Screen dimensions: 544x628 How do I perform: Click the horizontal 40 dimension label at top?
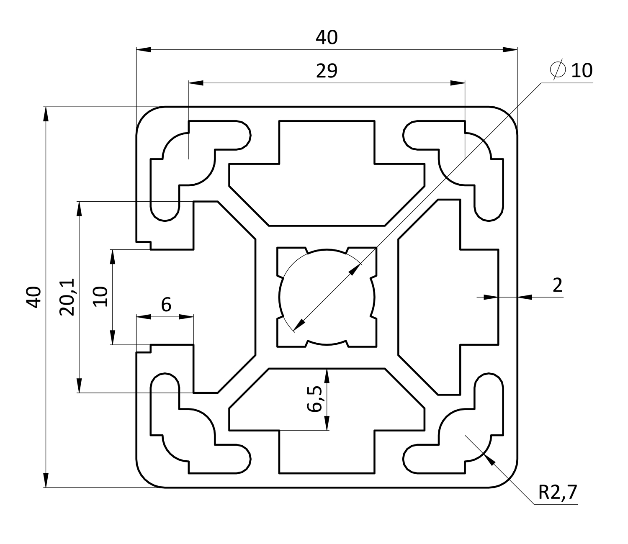click(x=326, y=38)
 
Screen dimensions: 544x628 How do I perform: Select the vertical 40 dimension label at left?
click(x=34, y=297)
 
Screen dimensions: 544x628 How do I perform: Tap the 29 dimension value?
click(x=326, y=71)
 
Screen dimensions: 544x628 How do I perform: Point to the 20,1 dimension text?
click(x=67, y=297)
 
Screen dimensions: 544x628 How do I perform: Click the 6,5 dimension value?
click(x=315, y=399)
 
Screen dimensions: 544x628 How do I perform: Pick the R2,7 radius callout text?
click(x=557, y=493)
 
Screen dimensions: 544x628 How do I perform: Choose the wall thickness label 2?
click(x=557, y=285)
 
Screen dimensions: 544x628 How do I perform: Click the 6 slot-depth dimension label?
click(x=166, y=305)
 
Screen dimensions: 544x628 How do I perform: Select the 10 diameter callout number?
click(x=582, y=70)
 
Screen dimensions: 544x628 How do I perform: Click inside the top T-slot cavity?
click(x=327, y=184)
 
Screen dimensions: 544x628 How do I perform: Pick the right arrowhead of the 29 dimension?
click(x=458, y=83)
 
